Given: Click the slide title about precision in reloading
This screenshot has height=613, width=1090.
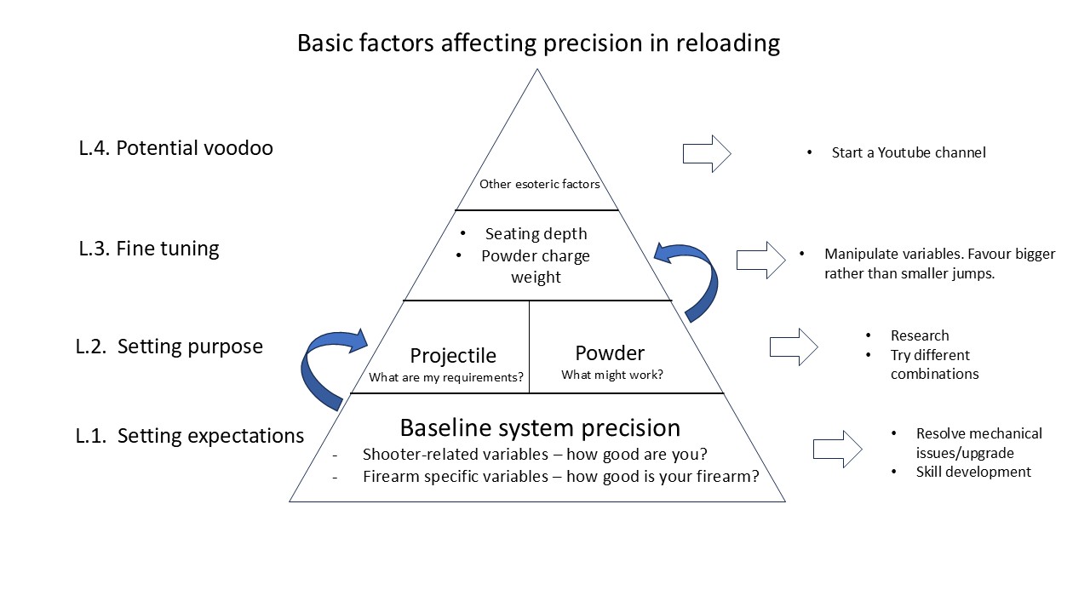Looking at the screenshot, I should [538, 43].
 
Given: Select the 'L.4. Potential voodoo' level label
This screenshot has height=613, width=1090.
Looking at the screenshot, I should [175, 148].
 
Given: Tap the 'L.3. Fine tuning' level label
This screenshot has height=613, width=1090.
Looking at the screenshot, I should [149, 249].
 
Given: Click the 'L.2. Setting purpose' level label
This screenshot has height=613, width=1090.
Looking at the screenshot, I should [169, 347].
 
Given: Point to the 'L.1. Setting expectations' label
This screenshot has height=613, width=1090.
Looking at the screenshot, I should [189, 436].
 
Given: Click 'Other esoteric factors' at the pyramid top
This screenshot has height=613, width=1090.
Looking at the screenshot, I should [539, 184].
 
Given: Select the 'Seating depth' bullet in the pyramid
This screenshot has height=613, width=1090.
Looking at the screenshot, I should [536, 234].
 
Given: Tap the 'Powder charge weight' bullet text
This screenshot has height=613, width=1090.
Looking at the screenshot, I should [536, 266].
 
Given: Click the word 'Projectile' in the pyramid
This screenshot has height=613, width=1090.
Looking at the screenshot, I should [452, 355].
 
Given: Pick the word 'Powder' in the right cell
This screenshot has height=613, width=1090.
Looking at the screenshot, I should [610, 352].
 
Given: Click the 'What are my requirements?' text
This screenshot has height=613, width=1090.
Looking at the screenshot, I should [446, 377].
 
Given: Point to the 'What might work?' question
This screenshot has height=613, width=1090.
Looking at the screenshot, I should [611, 375].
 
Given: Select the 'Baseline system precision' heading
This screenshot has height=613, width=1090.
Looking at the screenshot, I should [540, 427].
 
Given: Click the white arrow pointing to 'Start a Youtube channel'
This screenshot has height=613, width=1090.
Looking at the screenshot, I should [707, 154].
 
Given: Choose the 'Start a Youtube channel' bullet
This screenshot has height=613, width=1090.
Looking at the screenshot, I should [908, 153].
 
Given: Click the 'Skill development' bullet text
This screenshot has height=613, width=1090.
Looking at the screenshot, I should [972, 472].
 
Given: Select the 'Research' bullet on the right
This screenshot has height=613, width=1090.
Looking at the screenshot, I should [919, 335].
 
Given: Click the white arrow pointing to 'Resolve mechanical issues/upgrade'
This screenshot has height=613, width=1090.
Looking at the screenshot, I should [838, 449].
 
